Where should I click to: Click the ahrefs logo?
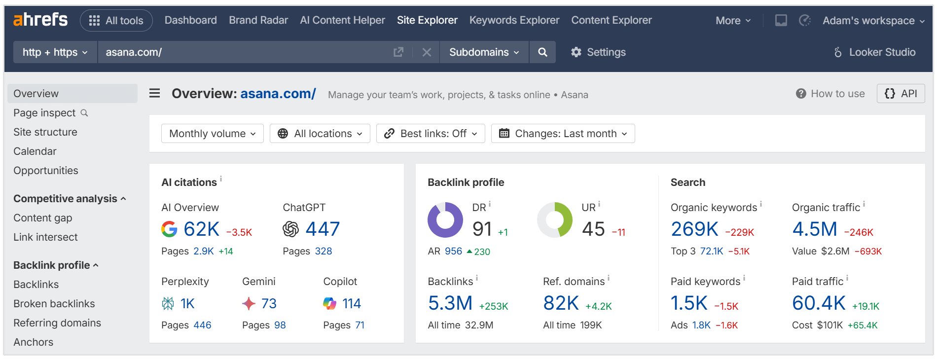point(40,20)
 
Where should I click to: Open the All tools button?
point(116,21)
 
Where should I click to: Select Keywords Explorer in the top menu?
point(514,20)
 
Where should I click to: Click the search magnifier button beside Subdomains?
point(542,52)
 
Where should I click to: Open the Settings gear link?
point(598,52)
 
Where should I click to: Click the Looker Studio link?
point(875,52)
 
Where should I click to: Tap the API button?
point(901,94)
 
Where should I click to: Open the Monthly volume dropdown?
point(212,134)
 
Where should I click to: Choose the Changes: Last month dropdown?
point(563,134)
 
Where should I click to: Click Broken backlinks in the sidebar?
point(54,304)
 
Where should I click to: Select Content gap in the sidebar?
point(43,218)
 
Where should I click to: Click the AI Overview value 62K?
point(201,229)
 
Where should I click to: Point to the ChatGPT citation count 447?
point(323,229)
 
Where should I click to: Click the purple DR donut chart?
point(445,220)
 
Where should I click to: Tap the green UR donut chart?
point(555,220)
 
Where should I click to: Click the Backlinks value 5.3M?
point(450,303)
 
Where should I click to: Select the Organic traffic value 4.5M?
point(815,229)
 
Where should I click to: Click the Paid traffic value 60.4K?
point(819,303)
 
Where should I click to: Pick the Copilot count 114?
point(352,304)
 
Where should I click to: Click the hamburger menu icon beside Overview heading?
point(155,93)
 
